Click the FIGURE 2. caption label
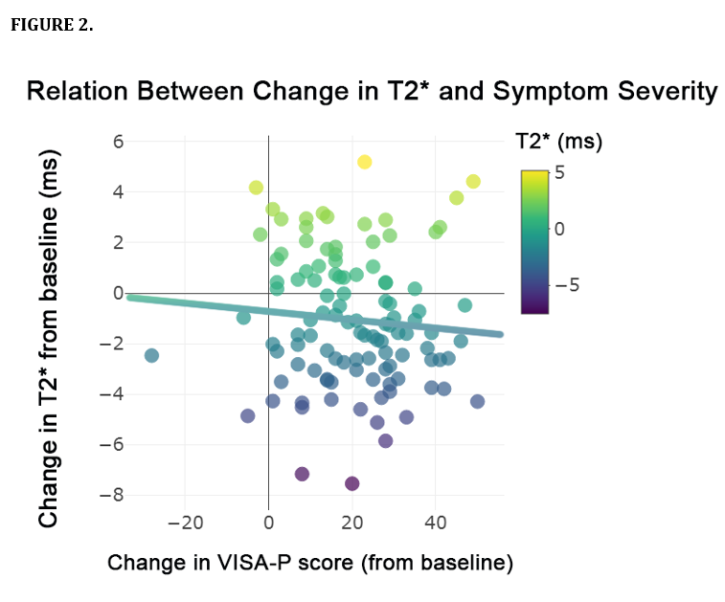tap(52, 25)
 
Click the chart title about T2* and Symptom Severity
tap(372, 92)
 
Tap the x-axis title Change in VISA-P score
tap(310, 562)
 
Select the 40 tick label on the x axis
tap(436, 524)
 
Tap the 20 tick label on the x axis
tap(351, 524)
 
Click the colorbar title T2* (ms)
tap(558, 143)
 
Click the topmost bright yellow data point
tap(365, 162)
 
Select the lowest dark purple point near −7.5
tap(351, 483)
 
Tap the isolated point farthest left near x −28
tap(151, 355)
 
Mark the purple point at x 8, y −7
tap(302, 474)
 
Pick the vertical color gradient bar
tap(534, 241)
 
